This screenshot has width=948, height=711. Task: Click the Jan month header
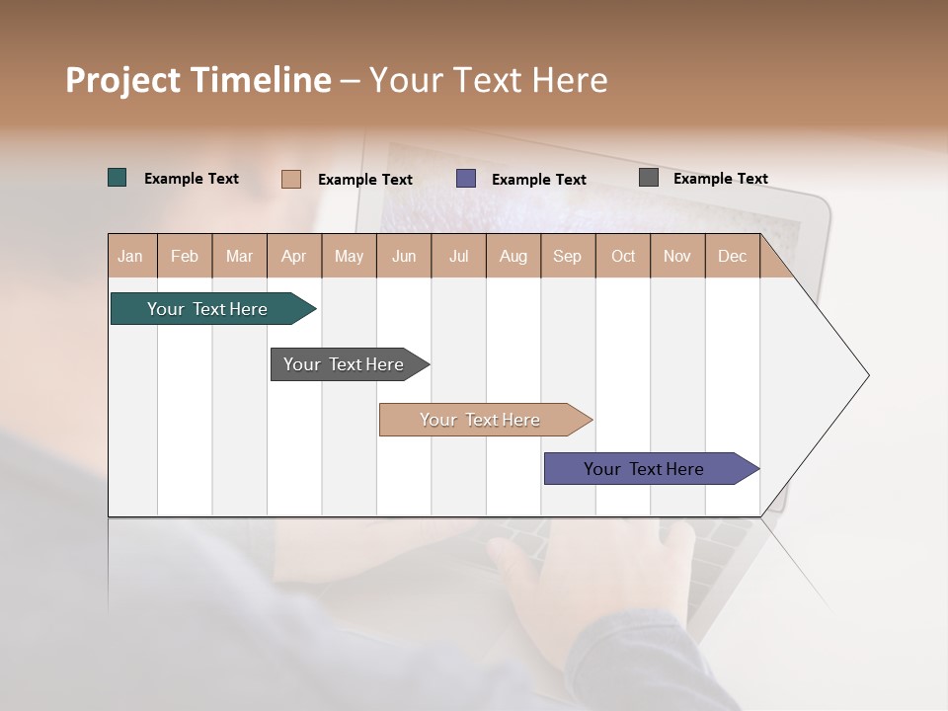pyautogui.click(x=131, y=257)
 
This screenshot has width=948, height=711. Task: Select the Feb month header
pyautogui.click(x=185, y=257)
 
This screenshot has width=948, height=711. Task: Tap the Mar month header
pyautogui.click(x=239, y=257)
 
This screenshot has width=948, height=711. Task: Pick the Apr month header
pyautogui.click(x=294, y=257)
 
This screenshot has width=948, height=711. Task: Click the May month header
pyautogui.click(x=349, y=257)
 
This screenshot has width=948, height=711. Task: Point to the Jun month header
pyautogui.click(x=404, y=257)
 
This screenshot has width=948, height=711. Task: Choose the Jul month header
pyautogui.click(x=458, y=257)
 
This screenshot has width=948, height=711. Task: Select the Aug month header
pyautogui.click(x=513, y=257)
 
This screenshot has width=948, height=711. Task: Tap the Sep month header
pyautogui.click(x=568, y=257)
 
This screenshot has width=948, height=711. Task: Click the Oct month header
pyautogui.click(x=623, y=257)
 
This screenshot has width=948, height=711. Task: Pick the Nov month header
pyautogui.click(x=677, y=257)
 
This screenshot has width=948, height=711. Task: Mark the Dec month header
pyautogui.click(x=733, y=257)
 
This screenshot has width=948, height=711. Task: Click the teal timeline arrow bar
pyautogui.click(x=208, y=309)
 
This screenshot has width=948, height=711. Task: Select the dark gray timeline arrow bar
pyautogui.click(x=345, y=364)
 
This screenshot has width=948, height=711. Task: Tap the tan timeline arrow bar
pyautogui.click(x=481, y=420)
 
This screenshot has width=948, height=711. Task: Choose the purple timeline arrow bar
pyautogui.click(x=645, y=469)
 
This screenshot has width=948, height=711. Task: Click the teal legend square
pyautogui.click(x=118, y=178)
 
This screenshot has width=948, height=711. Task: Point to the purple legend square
pyautogui.click(x=466, y=179)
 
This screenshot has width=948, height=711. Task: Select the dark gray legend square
pyautogui.click(x=649, y=178)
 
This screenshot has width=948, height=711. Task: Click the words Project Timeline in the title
pyautogui.click(x=198, y=80)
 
